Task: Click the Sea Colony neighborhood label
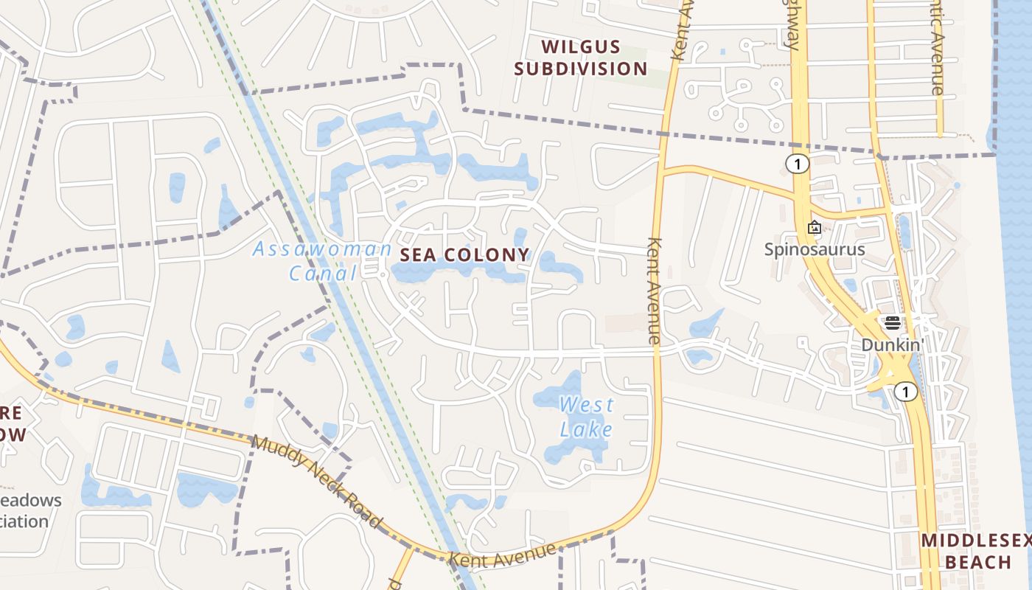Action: [464, 255]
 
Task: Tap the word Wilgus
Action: [580, 46]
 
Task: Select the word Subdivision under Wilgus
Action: [580, 69]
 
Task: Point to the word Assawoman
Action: [322, 249]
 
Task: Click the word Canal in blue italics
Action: [323, 274]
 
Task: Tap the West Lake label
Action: [586, 417]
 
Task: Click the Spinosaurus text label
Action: [814, 249]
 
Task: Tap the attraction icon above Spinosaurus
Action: [814, 227]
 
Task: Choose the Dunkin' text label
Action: [893, 344]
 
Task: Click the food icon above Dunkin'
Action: [893, 323]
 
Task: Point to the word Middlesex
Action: [975, 540]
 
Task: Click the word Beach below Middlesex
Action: [978, 562]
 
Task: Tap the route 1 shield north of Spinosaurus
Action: [797, 164]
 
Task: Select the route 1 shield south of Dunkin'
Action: [906, 392]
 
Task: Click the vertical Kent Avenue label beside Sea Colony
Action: [654, 291]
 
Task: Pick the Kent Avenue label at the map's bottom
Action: [502, 555]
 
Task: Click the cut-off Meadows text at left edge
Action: [31, 500]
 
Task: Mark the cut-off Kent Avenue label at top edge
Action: [682, 29]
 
